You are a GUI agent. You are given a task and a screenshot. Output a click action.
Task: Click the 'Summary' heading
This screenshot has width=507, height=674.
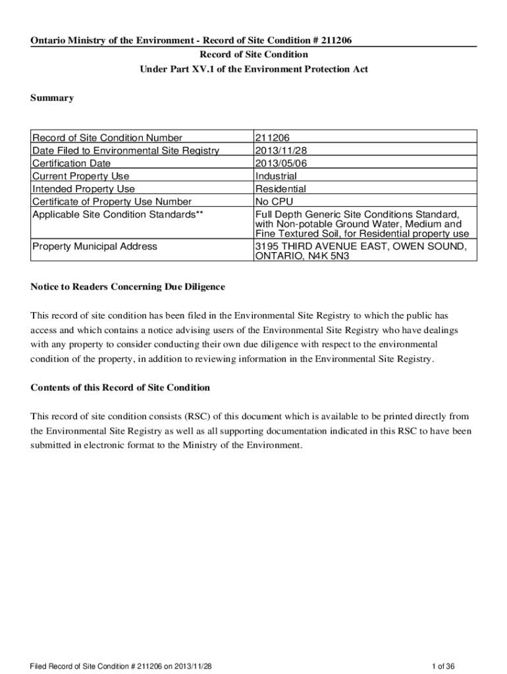coord(52,98)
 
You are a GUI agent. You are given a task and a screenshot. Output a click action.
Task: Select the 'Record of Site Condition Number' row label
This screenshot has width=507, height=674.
coord(107,138)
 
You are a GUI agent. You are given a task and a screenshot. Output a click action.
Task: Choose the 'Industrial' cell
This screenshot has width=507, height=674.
coord(276,176)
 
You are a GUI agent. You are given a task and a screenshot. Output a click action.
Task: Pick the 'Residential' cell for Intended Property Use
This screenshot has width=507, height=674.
coord(280,189)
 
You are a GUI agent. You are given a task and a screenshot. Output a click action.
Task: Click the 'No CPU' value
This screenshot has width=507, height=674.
coord(274,201)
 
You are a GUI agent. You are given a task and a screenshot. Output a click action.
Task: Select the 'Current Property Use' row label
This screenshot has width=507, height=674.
coord(81,176)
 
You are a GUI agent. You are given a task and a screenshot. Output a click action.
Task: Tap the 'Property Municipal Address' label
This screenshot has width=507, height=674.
coord(95,246)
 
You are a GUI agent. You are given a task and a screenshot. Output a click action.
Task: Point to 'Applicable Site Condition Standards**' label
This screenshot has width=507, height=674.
coord(114,215)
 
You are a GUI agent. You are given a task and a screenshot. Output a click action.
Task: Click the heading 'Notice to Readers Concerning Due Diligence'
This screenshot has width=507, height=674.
coord(128,287)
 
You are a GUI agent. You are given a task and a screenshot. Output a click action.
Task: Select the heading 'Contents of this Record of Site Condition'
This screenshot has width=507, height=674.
coord(120,388)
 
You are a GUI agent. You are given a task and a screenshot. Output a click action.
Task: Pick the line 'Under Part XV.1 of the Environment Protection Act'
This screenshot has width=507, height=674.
coord(254,69)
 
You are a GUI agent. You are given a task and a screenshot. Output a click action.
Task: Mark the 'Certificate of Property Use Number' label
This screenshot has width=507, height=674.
coord(112,201)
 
